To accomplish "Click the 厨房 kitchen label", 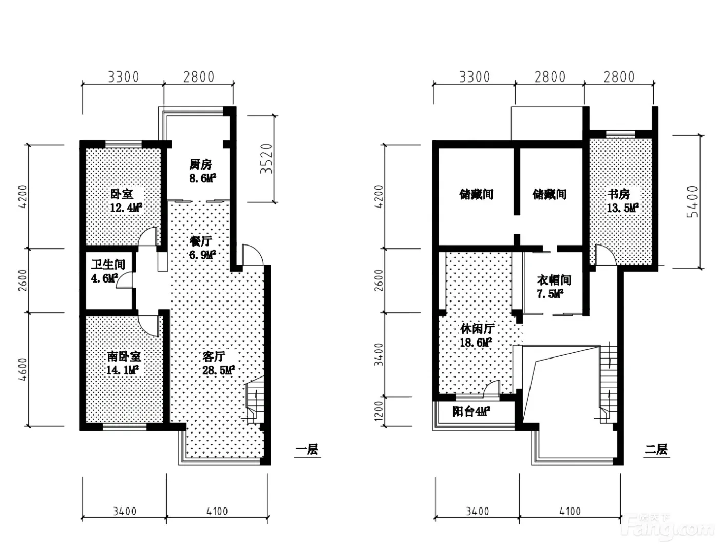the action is tap(200, 164).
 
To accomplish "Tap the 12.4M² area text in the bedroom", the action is tap(126, 208).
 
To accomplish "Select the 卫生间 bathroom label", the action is tap(108, 265).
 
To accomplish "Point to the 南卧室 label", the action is tap(124, 356).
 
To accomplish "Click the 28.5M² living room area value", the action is tap(218, 370).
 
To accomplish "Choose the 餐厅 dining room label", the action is tap(201, 241).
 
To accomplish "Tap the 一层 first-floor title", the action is tap(307, 449).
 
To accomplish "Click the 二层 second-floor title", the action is tap(656, 449).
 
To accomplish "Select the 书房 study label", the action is tap(618, 194).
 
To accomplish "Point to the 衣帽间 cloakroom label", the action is tap(554, 280).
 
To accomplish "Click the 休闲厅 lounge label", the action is tap(477, 329).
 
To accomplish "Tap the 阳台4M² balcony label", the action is tap(471, 412).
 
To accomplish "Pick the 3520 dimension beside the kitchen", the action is tap(267, 159).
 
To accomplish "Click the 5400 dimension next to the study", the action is tap(692, 202).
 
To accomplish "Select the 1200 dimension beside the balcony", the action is tap(378, 411).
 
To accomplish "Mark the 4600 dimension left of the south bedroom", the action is tap(22, 369).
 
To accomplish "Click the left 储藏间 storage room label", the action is tap(476, 194).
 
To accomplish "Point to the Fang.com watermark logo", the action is tap(668, 528).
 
